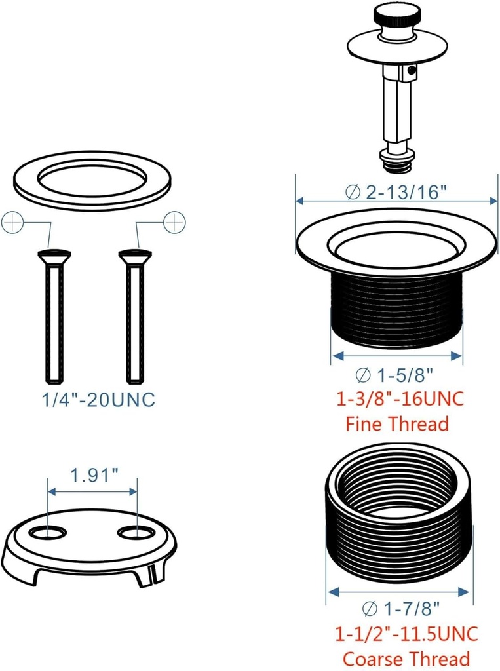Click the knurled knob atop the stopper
393,14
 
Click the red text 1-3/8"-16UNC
400,398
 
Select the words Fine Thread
397,423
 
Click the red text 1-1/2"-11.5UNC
406,634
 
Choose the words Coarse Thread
406,659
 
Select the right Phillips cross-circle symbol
175,223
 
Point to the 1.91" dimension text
92,474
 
